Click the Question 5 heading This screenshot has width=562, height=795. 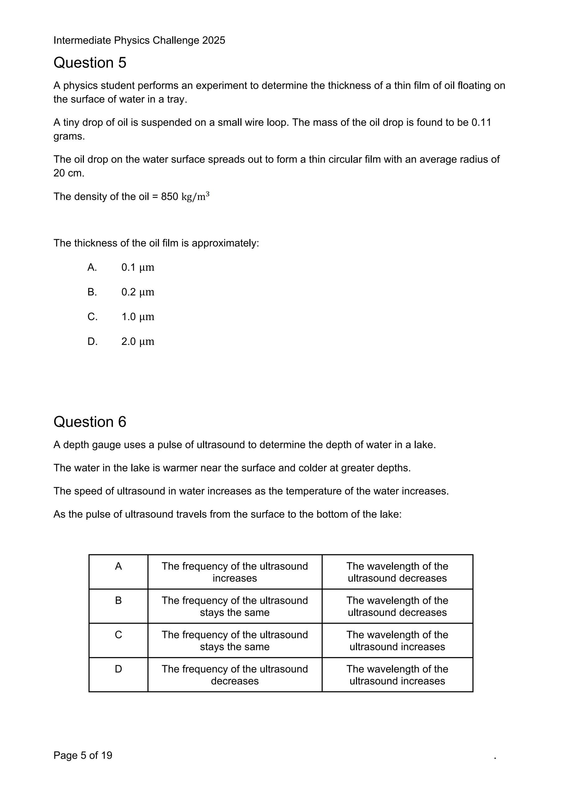[90, 63]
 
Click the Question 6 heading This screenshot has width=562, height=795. [90, 422]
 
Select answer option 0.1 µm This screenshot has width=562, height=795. [138, 268]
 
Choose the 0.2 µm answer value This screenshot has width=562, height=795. [138, 292]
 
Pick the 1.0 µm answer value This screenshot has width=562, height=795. [138, 317]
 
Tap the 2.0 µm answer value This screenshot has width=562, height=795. [138, 342]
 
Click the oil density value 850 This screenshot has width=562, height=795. [169, 197]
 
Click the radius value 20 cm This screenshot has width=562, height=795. [69, 173]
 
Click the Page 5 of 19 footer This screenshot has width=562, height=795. [83, 755]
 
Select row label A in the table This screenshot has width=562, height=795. [118, 566]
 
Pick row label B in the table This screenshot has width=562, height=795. [118, 601]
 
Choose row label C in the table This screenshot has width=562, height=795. [118, 635]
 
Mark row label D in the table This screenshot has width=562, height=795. [118, 669]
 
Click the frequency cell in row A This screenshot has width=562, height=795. [235, 572]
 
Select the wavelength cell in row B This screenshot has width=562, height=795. [397, 606]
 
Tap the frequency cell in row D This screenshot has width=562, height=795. [235, 675]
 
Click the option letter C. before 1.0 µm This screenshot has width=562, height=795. [93, 317]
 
